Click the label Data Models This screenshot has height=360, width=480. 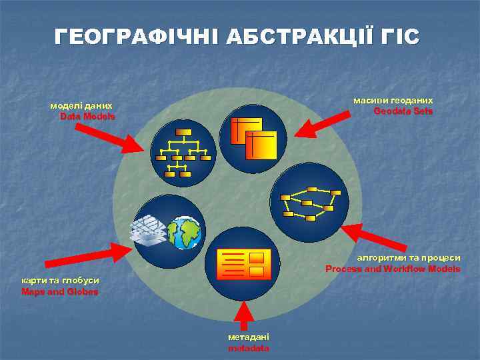(87, 116)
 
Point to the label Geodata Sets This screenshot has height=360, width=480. (403, 111)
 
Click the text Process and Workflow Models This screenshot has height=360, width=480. (393, 269)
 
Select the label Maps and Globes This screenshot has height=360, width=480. (60, 291)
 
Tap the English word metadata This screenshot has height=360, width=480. (249, 348)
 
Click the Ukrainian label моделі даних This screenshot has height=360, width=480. (81, 105)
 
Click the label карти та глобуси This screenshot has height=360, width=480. (61, 281)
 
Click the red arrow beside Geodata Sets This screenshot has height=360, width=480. (322, 125)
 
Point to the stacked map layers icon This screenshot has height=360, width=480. (149, 231)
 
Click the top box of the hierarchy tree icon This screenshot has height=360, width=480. (183, 131)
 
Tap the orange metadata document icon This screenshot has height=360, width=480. (244, 264)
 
